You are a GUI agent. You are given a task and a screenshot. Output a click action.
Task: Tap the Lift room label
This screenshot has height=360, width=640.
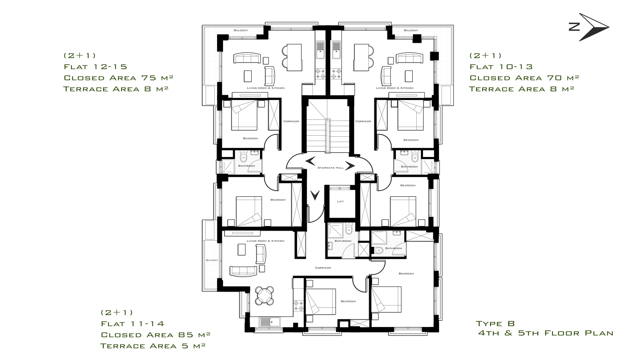click(x=340, y=201)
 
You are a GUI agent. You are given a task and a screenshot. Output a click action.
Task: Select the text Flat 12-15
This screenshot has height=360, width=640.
click(x=95, y=67)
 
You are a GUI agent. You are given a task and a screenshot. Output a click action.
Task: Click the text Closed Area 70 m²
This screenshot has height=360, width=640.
click(x=524, y=78)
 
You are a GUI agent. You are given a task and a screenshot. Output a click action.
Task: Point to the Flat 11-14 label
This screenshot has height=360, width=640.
click(x=133, y=324)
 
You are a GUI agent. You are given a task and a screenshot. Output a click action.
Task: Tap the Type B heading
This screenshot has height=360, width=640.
click(x=495, y=323)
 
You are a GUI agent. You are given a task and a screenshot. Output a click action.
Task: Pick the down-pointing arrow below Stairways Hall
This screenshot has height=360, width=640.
click(x=315, y=195)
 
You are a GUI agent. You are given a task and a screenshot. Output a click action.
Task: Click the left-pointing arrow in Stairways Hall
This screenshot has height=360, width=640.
click(x=310, y=161)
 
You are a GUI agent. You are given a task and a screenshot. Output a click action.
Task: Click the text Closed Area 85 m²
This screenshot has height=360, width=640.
click(x=156, y=335)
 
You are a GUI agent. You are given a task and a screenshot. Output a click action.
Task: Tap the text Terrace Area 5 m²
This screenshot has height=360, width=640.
click(x=153, y=346)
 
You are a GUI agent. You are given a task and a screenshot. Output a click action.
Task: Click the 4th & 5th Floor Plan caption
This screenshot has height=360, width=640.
click(x=546, y=333)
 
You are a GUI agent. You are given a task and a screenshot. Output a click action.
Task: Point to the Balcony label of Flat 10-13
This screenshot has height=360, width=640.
click(x=411, y=30)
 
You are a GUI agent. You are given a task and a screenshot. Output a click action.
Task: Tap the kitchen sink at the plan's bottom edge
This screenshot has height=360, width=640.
click(x=270, y=322)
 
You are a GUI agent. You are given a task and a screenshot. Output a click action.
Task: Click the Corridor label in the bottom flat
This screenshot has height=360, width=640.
click(x=323, y=268)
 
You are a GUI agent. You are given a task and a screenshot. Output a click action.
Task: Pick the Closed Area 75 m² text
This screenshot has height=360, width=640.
click(x=118, y=78)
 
